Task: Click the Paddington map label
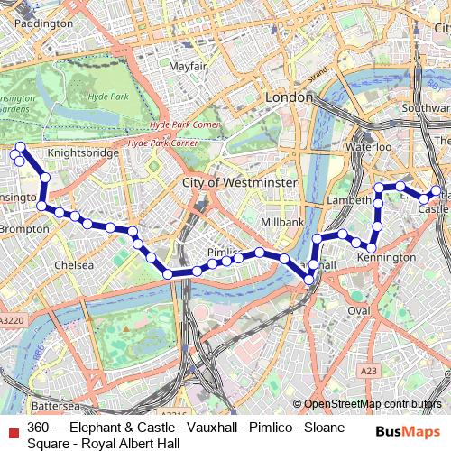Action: point(43,23)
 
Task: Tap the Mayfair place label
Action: point(188,67)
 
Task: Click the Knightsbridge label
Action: point(83,152)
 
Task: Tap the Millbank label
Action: point(282,222)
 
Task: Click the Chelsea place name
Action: point(74,265)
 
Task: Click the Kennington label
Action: point(386,258)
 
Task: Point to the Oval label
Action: point(359,310)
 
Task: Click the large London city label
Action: point(289,97)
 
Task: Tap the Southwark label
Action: point(426,108)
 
